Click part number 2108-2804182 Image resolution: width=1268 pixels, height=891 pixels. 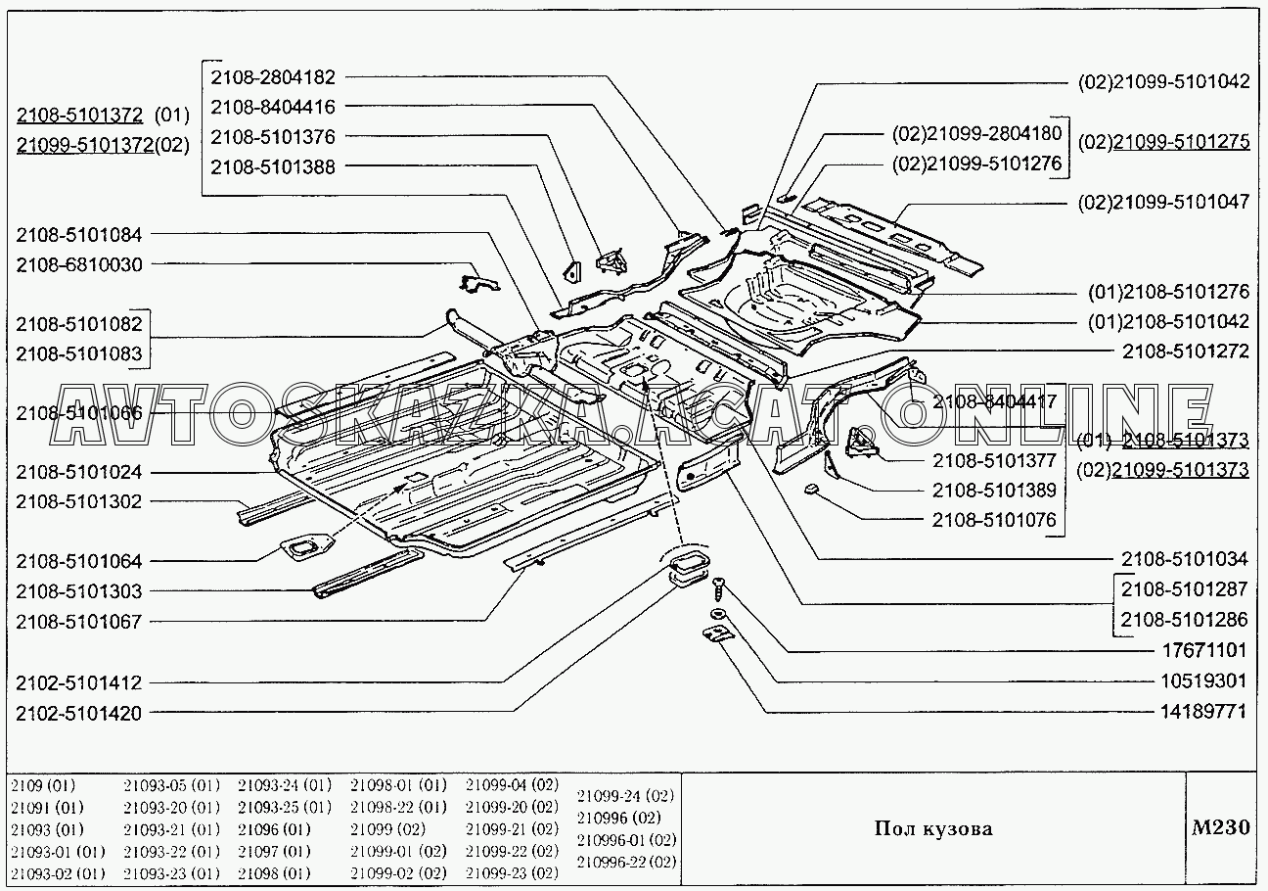272,76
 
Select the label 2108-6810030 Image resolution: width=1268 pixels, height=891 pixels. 78,265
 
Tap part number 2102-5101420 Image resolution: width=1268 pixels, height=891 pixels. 78,714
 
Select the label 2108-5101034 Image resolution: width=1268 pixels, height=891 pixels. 1184,560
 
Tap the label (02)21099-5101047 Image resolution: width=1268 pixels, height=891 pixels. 1163,203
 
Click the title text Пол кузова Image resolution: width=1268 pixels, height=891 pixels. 932,829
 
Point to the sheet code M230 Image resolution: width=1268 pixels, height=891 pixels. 1220,827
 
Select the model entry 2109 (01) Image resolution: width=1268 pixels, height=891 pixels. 42,785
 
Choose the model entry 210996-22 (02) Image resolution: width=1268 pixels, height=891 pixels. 626,862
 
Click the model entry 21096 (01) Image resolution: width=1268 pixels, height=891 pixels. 274,828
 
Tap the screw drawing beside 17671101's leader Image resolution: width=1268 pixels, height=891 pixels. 719,586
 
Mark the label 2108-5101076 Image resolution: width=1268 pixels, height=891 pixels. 993,520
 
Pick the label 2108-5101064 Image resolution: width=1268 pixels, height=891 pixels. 78,562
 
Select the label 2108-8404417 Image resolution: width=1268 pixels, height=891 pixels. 993,401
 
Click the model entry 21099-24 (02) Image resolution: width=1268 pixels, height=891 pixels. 626,795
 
